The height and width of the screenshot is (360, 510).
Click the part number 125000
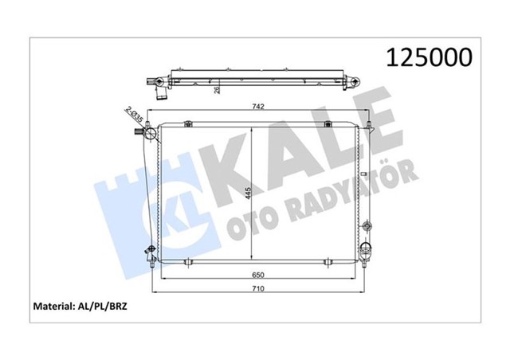point(428,57)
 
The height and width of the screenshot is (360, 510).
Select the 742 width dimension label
point(259,107)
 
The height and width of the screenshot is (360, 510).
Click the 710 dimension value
point(259,289)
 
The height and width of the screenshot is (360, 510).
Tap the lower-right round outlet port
point(367,248)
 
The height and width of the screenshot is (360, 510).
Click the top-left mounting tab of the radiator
point(186,123)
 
